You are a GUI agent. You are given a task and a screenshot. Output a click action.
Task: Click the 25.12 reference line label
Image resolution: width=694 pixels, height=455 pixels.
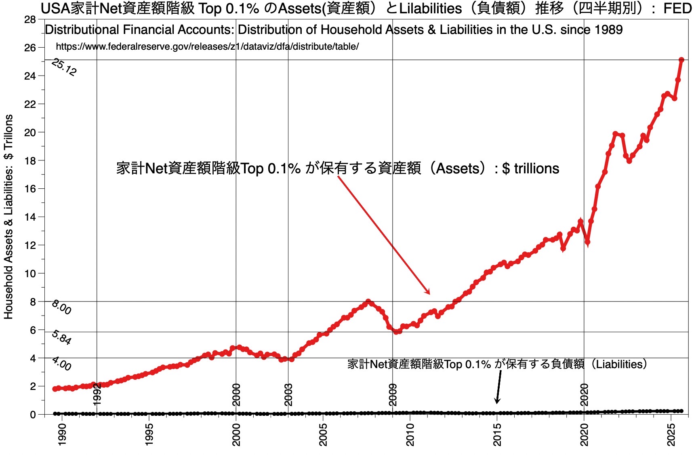click(64, 67)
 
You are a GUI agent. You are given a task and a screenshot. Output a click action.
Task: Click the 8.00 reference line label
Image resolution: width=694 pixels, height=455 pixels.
click(61, 308)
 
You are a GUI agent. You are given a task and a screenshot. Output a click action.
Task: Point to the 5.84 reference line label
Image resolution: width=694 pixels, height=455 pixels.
click(61, 337)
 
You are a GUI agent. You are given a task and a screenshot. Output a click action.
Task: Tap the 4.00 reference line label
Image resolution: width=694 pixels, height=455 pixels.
click(61, 364)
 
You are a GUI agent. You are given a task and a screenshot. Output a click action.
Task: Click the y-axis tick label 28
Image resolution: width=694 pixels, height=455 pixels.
click(30, 19)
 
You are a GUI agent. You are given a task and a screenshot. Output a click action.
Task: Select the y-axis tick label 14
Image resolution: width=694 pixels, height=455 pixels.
click(30, 217)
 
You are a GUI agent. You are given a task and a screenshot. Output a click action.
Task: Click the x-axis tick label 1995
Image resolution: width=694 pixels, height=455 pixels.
click(149, 434)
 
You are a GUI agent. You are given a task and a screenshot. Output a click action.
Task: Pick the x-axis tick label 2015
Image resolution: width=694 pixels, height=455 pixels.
click(497, 434)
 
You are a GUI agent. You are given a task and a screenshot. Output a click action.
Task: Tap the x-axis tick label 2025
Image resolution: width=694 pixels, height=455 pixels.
click(671, 434)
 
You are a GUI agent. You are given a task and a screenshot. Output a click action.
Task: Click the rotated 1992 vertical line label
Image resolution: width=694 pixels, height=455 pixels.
click(97, 394)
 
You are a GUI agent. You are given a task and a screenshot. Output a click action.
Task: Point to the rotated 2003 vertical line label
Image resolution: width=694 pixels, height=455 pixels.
click(288, 394)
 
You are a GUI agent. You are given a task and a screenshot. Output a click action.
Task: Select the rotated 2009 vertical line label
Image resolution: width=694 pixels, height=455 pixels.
click(393, 394)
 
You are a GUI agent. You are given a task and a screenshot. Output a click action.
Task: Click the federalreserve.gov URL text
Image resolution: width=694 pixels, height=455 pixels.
click(207, 46)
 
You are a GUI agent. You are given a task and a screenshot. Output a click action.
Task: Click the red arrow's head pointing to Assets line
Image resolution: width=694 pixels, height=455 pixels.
click(429, 293)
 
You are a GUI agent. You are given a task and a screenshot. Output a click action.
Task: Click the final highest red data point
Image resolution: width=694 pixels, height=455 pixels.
click(681, 60)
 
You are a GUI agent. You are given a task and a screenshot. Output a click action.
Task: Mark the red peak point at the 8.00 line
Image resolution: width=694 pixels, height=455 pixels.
click(368, 301)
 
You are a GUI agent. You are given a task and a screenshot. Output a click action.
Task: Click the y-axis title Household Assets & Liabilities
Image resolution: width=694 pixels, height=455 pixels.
click(8, 217)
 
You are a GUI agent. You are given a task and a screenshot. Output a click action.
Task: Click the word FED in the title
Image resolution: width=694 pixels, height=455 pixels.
click(677, 8)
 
